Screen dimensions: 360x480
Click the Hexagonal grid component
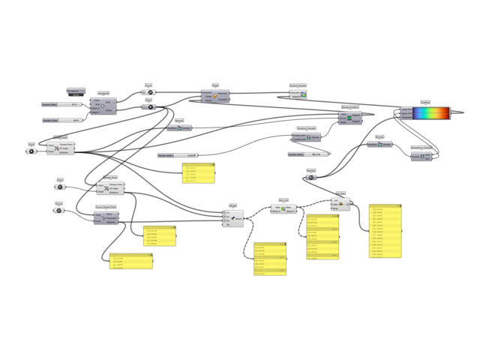coord(103,106)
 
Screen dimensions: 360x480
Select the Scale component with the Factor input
coord(215,95)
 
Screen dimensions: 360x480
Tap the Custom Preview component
coord(298,94)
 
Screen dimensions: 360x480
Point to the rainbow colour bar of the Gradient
coord(431,113)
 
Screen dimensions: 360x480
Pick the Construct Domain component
coord(306,137)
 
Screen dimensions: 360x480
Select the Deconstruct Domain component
coord(421,156)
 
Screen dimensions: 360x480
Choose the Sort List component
coord(283,209)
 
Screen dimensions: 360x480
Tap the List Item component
coord(340,204)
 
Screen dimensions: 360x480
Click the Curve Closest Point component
coord(106,218)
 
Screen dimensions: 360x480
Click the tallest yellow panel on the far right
coord(385,231)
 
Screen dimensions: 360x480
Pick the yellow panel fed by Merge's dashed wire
coord(270,259)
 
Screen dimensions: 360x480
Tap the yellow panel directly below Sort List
coord(322,237)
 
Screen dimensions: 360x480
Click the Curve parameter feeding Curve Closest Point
coord(58,211)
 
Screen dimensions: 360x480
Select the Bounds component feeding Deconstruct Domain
coord(379,144)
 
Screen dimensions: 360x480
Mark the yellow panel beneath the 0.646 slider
coord(198,173)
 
